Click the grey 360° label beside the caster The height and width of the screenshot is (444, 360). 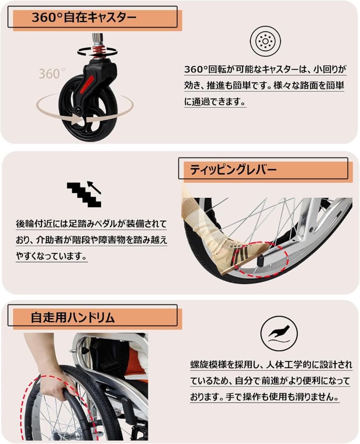pyautogui.click(x=51, y=74)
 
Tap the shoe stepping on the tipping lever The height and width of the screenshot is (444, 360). pyautogui.click(x=242, y=255)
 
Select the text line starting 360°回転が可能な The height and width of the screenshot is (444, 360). pyautogui.click(x=265, y=69)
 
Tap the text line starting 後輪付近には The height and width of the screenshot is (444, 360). pyautogui.click(x=92, y=224)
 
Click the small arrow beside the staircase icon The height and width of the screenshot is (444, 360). pyautogui.click(x=95, y=187)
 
